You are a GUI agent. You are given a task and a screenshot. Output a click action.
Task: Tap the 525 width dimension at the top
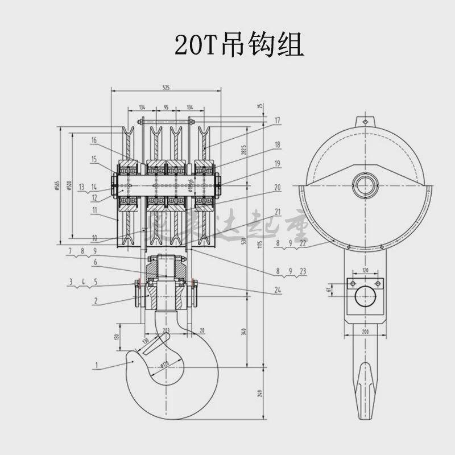tap(166, 88)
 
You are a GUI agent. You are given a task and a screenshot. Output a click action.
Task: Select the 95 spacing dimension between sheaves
tap(166, 106)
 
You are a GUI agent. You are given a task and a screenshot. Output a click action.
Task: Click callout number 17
tap(277, 121)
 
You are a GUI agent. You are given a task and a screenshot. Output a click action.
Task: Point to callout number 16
tap(93, 140)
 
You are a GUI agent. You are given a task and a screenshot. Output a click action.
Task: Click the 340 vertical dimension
tap(244, 332)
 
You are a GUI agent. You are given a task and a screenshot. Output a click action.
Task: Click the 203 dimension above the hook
tap(166, 330)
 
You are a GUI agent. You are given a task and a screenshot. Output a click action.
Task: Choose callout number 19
tap(277, 164)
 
